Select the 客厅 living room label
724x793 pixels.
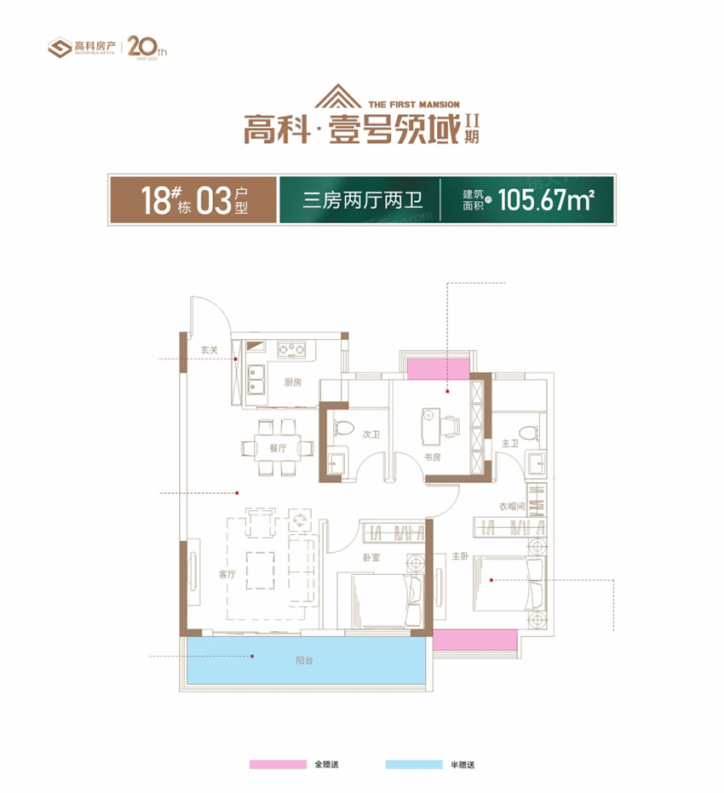(226, 574)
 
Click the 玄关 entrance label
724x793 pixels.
(210, 349)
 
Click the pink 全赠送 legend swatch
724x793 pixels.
(277, 765)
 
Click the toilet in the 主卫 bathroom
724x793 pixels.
(532, 430)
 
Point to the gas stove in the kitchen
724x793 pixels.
(293, 348)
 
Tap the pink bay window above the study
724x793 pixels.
(439, 368)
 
